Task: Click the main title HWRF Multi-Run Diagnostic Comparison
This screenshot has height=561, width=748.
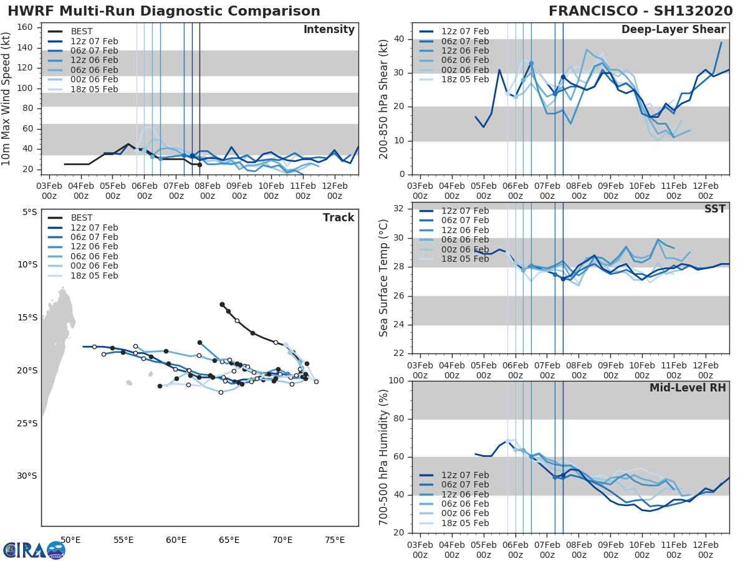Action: [164, 11]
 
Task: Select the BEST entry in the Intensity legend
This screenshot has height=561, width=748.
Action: [82, 31]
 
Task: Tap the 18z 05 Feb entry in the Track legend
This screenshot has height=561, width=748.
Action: [94, 276]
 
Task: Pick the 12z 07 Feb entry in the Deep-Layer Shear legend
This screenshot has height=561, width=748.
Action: [465, 31]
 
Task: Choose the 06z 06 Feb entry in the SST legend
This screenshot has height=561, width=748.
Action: [465, 240]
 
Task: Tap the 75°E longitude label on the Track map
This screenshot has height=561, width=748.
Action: [335, 540]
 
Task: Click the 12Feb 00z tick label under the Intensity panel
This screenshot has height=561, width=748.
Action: [334, 190]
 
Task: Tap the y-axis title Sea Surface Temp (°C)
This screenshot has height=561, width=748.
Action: [383, 279]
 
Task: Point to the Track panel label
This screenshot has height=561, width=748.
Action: [338, 218]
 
